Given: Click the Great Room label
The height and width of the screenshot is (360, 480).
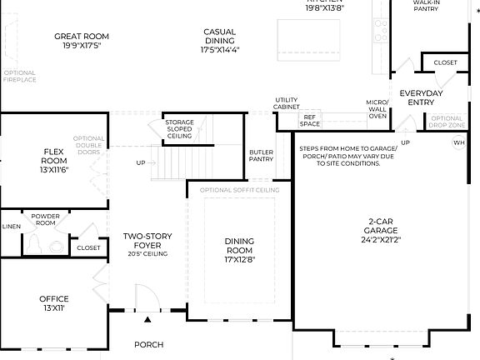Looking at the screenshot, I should click(82, 37).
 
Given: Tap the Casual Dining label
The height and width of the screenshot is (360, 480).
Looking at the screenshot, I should click(219, 32).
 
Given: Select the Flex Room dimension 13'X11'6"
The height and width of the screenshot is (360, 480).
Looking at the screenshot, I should click(55, 169).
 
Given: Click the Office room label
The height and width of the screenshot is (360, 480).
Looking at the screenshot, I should click(54, 298).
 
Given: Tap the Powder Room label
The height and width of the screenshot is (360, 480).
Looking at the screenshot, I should click(46, 219).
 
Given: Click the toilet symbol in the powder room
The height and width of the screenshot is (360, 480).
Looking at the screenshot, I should click(35, 244).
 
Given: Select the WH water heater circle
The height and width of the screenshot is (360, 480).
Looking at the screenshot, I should click(458, 143).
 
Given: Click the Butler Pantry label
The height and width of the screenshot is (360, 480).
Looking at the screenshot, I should click(261, 156).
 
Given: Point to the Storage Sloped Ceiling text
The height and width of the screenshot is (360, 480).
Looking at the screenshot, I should click(179, 129).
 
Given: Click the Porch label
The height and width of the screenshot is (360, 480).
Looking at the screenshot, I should click(149, 344).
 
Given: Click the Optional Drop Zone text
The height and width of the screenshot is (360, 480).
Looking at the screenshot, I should click(446, 122).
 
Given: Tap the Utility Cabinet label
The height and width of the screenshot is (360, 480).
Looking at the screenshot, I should click(287, 104).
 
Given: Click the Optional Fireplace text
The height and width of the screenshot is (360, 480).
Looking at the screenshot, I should click(19, 77).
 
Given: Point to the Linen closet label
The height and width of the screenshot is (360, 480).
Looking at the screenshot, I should click(11, 226).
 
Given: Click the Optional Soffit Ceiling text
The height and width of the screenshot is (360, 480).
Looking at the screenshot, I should click(239, 191).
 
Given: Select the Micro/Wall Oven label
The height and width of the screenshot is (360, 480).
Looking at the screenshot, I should click(377, 109).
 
